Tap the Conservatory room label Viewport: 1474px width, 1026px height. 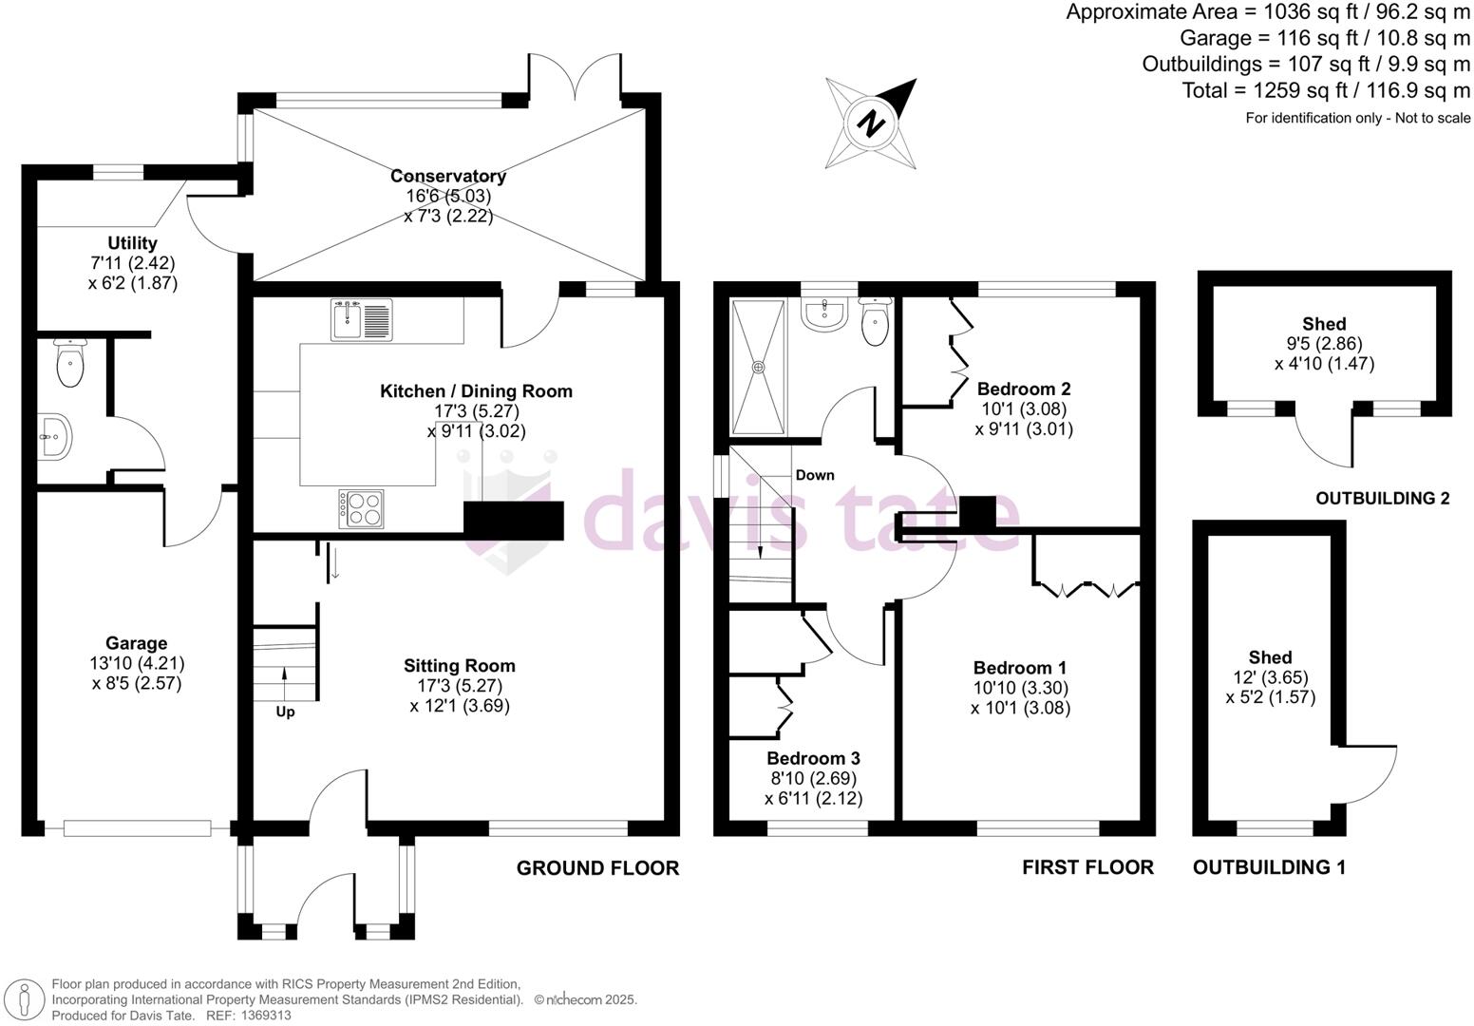(x=448, y=176)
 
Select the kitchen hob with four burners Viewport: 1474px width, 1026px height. (x=361, y=507)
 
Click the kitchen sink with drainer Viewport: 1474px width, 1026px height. (x=361, y=319)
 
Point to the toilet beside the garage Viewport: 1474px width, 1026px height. (x=69, y=363)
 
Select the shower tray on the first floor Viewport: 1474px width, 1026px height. (x=758, y=366)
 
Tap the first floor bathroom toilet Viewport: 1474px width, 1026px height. (x=874, y=322)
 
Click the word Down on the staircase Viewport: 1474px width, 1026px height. (x=815, y=475)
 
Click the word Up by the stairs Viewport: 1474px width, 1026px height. (x=285, y=712)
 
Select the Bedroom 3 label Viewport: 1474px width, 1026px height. (x=813, y=758)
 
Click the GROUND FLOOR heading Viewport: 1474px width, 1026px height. (x=597, y=867)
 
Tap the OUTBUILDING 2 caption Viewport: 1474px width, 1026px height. (x=1382, y=498)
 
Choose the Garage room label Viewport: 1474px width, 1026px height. (x=137, y=643)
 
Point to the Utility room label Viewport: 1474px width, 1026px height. (x=132, y=243)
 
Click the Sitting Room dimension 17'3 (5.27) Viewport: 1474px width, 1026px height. (x=460, y=686)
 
